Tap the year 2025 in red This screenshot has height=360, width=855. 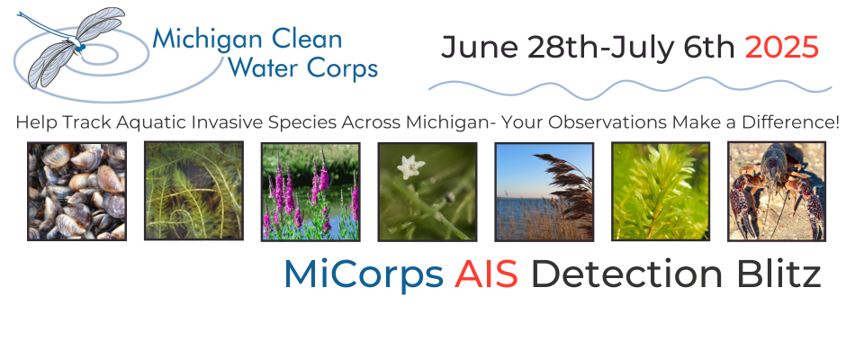pos(781,48)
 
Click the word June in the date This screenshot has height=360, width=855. pos(480,48)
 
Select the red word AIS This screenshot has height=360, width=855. pos(486,274)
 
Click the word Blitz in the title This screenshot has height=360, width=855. pos(778,274)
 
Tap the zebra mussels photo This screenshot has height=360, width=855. pos(76,192)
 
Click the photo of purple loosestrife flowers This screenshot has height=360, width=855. pos(310,192)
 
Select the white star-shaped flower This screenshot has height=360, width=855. pos(410,166)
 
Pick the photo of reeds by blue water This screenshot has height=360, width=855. pos(544,192)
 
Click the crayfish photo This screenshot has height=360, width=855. pos(777,192)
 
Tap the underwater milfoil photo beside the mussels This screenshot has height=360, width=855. pos(193,191)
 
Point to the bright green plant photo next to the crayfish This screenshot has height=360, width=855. pos(661,192)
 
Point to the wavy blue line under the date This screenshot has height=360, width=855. pos(630,88)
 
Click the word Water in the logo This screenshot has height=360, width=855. pos(265,68)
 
